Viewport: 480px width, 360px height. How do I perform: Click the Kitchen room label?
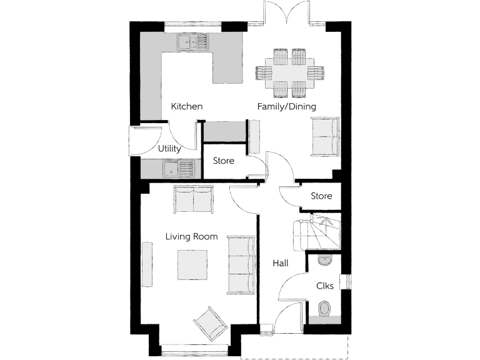(187, 106)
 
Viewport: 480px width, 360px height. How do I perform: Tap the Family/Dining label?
(286, 106)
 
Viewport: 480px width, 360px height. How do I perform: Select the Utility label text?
(169, 149)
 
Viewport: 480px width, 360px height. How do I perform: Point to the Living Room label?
(191, 236)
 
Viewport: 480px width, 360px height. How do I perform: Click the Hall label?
(280, 264)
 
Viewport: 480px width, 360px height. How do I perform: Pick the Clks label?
(324, 286)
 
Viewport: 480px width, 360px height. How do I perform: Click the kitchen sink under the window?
(194, 42)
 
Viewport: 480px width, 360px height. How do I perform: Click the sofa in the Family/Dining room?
(325, 137)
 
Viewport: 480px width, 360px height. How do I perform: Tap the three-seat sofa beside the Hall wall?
(241, 265)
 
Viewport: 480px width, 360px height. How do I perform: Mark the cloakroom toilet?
(324, 309)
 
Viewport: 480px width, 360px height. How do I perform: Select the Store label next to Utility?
(223, 161)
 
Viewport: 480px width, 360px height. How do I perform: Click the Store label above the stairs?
(321, 196)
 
